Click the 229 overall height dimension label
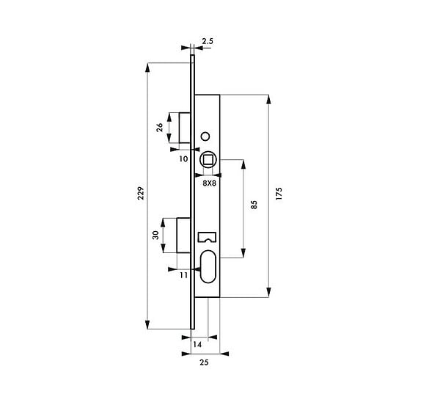click(x=141, y=193)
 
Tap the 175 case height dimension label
click(x=279, y=194)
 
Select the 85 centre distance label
click(x=254, y=205)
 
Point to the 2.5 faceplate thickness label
click(x=208, y=41)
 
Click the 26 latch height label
click(x=160, y=128)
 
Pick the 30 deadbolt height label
click(x=155, y=235)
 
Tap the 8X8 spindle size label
click(x=209, y=183)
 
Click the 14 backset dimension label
click(x=197, y=344)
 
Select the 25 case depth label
click(x=204, y=362)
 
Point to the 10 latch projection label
click(x=183, y=159)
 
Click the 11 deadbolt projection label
click(x=183, y=275)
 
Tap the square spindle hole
click(x=208, y=160)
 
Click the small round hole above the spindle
click(x=205, y=136)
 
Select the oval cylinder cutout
click(x=208, y=266)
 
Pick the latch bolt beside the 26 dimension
click(x=185, y=128)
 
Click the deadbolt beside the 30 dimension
click(x=184, y=236)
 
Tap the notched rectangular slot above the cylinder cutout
click(x=208, y=237)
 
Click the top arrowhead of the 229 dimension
click(x=147, y=68)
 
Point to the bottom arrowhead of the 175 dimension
click(x=268, y=292)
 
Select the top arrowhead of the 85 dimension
click(x=243, y=164)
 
